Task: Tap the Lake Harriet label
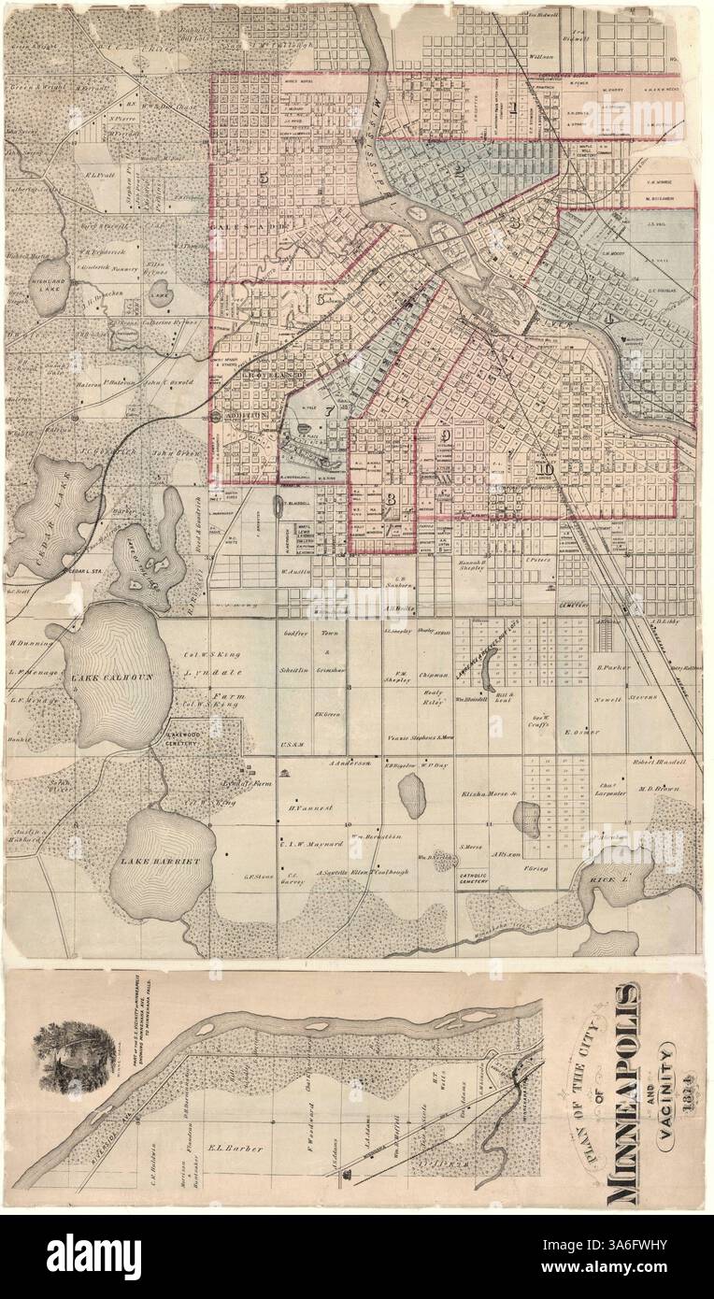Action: point(156,861)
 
